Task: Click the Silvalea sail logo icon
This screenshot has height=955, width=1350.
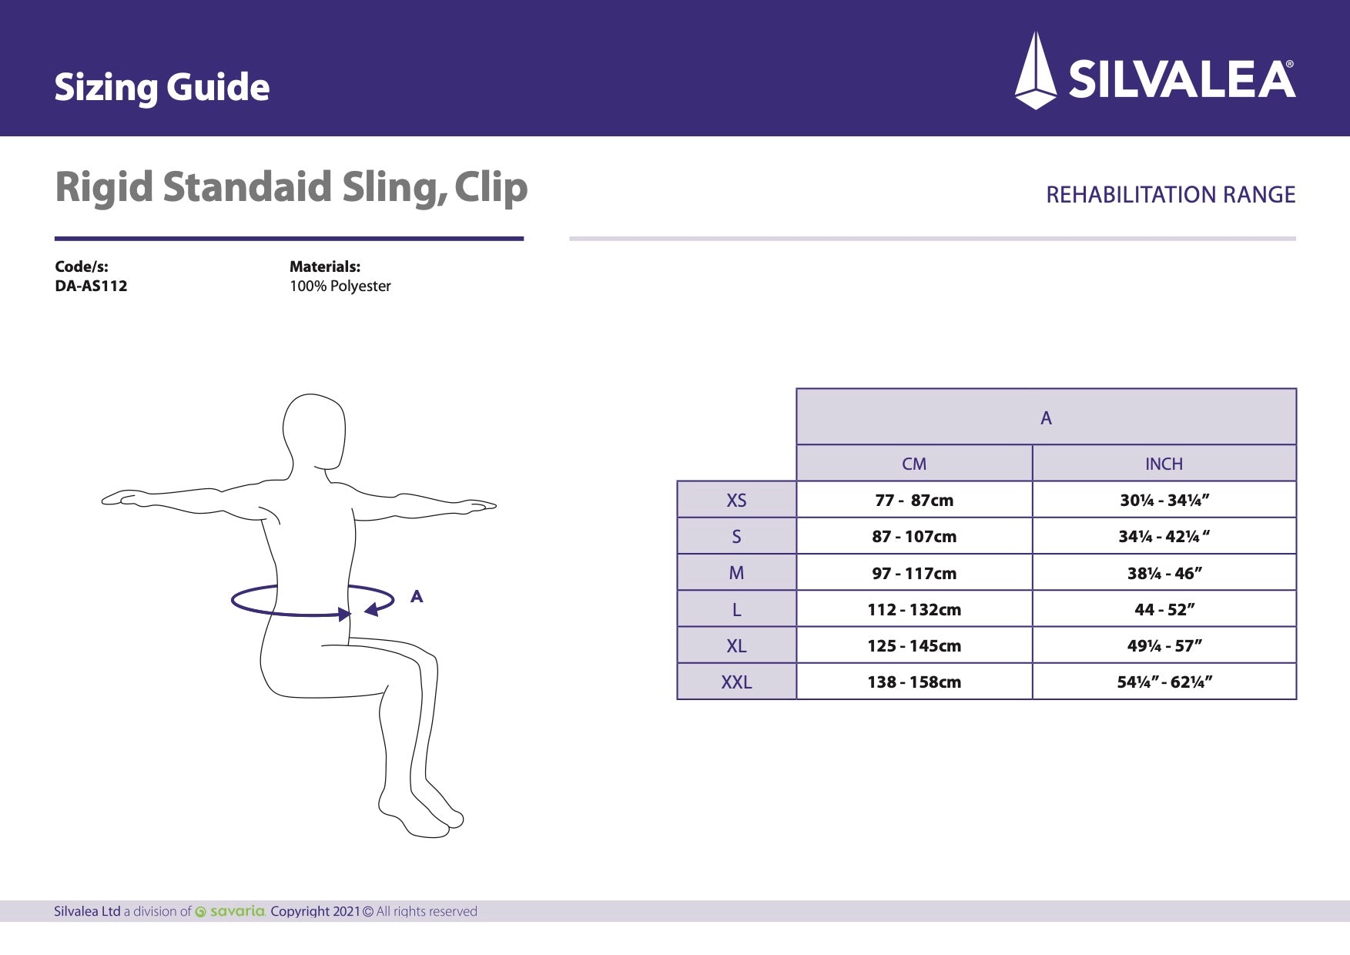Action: click(x=1036, y=72)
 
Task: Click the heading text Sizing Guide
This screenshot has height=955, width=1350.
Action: click(x=162, y=87)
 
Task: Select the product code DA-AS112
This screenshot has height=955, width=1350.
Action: click(x=91, y=286)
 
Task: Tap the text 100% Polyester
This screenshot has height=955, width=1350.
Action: click(x=340, y=286)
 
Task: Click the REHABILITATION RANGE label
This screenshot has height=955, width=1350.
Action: click(x=1170, y=195)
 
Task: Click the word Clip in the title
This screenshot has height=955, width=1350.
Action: click(x=491, y=188)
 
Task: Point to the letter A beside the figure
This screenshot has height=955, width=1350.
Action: click(x=417, y=596)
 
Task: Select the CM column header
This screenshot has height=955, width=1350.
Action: click(x=914, y=464)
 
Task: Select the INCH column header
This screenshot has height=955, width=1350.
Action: click(x=1163, y=464)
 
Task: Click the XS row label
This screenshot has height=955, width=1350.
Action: click(x=736, y=500)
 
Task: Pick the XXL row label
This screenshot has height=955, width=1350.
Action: click(x=736, y=682)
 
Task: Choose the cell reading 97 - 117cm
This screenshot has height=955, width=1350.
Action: click(x=914, y=573)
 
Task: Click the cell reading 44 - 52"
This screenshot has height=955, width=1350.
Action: click(x=1164, y=609)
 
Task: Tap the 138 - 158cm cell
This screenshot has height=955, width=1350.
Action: click(x=914, y=682)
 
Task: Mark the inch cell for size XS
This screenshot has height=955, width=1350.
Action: click(x=1164, y=500)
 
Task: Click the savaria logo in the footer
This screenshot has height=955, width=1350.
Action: click(x=231, y=911)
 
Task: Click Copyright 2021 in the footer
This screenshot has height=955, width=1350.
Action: click(x=315, y=911)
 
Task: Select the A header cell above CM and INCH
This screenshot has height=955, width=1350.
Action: click(x=1046, y=417)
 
